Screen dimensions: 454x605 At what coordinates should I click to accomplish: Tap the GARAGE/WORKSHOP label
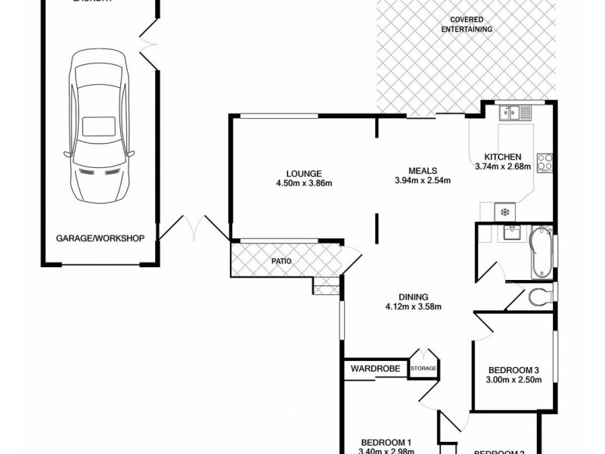tap(100, 238)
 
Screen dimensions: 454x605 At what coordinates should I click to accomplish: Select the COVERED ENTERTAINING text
tap(467, 24)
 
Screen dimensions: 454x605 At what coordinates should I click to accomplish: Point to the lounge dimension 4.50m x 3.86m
tap(304, 182)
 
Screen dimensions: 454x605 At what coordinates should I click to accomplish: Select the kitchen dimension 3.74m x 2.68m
tap(503, 166)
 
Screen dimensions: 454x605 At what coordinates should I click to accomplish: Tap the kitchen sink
tap(518, 113)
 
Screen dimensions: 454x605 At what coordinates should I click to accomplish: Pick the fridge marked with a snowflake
tap(504, 211)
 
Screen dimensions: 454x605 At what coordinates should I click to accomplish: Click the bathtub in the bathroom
tap(541, 252)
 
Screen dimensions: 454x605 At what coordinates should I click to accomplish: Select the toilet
tap(540, 295)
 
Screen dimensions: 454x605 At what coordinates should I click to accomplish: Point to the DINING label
tap(414, 297)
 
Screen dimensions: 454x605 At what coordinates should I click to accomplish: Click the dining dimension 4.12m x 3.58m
tap(414, 306)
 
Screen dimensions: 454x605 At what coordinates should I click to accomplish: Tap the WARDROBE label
tap(374, 368)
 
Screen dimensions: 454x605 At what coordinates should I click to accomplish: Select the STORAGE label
tap(423, 368)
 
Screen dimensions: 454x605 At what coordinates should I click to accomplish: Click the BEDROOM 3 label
tap(513, 369)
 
